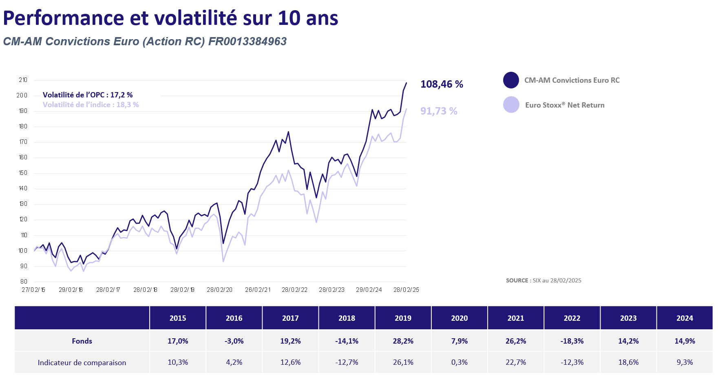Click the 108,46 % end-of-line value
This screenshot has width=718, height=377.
click(442, 84)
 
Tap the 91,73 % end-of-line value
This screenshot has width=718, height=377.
click(439, 111)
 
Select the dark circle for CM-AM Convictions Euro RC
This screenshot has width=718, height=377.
click(511, 80)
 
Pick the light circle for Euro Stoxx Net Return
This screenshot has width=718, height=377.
click(511, 105)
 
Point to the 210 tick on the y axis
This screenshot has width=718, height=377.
click(23, 80)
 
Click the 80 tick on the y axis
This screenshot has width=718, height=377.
click(24, 282)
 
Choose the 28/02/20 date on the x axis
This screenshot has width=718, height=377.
click(219, 290)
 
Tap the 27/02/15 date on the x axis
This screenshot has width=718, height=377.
click(33, 290)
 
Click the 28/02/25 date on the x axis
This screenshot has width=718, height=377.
click(406, 290)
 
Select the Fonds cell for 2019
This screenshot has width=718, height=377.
click(403, 341)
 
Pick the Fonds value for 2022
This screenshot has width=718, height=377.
click(572, 341)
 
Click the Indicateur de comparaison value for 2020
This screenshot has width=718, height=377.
click(459, 362)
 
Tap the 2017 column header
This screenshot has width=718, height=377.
click(290, 318)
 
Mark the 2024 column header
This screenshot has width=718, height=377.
click(685, 318)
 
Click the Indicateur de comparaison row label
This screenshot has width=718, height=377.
click(82, 363)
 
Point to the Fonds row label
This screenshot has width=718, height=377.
click(82, 341)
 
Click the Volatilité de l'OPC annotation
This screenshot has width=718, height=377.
click(88, 95)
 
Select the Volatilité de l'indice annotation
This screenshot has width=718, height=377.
click(91, 105)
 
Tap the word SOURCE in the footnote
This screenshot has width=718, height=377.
click(517, 280)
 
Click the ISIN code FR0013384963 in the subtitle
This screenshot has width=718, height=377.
click(247, 42)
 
